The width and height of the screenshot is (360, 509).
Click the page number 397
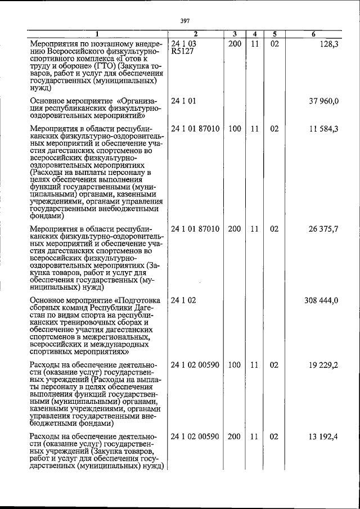184,21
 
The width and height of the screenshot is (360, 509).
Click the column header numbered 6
313,34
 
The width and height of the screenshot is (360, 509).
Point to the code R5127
182,51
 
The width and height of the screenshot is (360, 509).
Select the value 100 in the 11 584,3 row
235,129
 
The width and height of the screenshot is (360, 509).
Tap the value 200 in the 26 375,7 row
235,229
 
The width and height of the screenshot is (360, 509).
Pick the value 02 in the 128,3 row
274,43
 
